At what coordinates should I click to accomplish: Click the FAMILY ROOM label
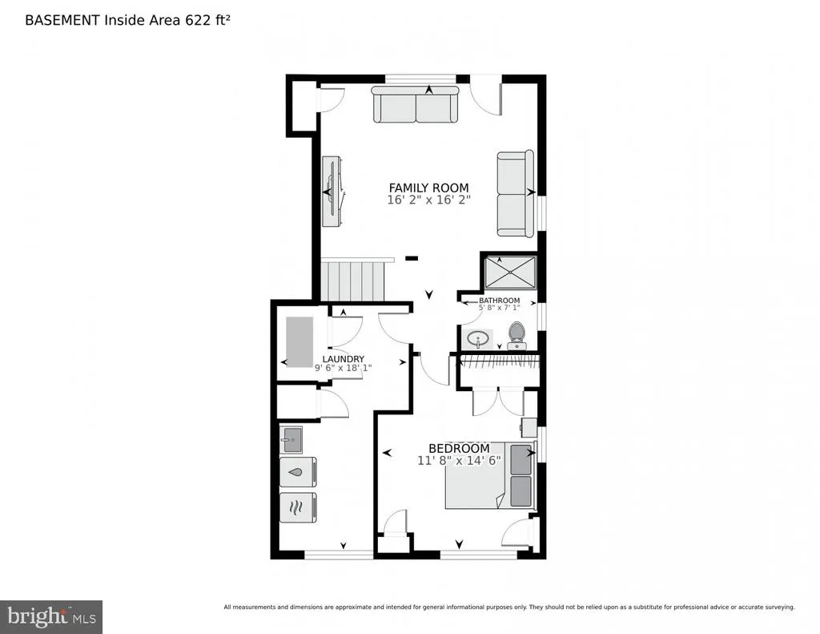point(429,188)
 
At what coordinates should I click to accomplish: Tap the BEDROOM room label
point(459,448)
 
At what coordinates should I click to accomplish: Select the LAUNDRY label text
point(343,358)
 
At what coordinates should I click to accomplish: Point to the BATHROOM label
point(500,300)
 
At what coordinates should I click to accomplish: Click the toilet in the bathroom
point(517,336)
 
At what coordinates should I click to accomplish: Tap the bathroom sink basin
point(478,339)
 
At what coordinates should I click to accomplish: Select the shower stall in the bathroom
point(510,272)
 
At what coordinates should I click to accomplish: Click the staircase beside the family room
point(352,281)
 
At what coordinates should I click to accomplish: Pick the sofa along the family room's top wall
point(416,105)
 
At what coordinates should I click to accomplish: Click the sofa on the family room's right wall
point(515,193)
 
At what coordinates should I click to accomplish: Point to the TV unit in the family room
point(332,191)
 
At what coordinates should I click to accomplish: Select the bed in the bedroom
point(491,475)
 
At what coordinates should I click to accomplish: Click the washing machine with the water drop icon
point(298,472)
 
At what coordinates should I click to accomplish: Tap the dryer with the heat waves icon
point(298,507)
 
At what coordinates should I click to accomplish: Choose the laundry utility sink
point(291,440)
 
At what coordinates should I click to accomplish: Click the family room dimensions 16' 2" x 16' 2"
point(429,200)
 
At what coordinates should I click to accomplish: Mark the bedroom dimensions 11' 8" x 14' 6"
point(459,461)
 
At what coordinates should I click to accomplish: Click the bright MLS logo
point(51,616)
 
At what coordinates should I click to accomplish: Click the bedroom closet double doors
point(498,402)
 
